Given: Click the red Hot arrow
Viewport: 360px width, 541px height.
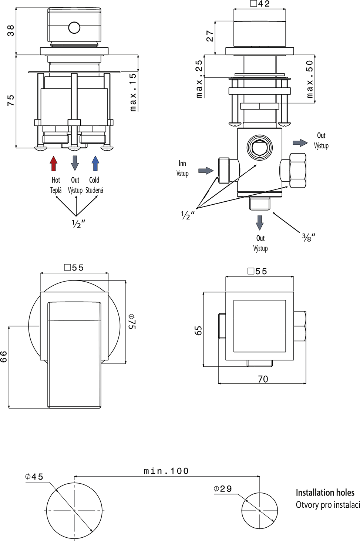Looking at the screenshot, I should pos(54,163).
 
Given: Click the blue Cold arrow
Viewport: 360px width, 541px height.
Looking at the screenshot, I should pos(95,163).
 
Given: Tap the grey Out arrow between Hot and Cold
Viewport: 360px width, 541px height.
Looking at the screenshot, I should pos(75,163).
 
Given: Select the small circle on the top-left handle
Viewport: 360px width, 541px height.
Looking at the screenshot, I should pos(74,28).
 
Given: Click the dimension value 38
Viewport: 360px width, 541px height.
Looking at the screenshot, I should pos(11,30).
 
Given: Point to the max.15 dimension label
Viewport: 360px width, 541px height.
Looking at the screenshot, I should pos(133,92).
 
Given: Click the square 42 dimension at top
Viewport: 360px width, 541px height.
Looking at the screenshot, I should pos(260,4).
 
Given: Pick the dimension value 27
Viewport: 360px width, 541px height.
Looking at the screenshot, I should pos(210,36).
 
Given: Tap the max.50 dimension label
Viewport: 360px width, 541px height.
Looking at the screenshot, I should pos(310,79).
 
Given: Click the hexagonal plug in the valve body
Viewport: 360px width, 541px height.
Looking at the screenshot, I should pos(260,148).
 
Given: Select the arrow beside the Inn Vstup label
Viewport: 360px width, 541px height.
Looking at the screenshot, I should pos(206,171).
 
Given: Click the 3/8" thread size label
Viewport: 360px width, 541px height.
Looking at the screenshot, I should pos(308,237).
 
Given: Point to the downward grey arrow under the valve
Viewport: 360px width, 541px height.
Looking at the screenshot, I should pos(260,222).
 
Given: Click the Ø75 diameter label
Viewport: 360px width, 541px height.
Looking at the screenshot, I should pos(132,321).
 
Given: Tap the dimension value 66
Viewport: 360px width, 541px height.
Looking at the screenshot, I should pos(4,356).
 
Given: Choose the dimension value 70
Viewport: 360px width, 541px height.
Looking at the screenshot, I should pos(263,379).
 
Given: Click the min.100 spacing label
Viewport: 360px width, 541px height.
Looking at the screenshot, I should pos(166,471).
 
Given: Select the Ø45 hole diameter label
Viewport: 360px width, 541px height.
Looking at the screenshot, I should pos(34,477).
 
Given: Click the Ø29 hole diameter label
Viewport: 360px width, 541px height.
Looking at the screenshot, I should pos(223,489).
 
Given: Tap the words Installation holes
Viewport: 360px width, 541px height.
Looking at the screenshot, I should pos(325,493).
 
